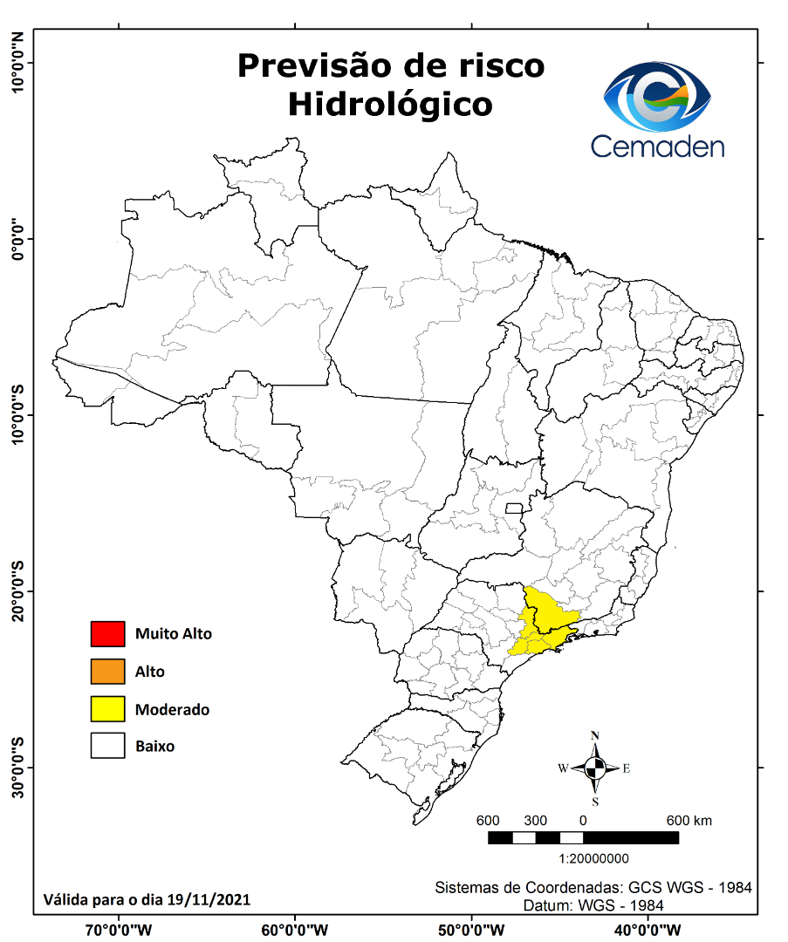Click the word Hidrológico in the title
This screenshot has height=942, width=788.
coord(390,104)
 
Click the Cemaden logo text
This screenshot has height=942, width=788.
coord(657,146)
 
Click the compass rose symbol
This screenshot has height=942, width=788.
coord(595,768)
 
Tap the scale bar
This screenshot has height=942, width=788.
coord(583,838)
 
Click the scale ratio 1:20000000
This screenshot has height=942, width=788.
coord(583,859)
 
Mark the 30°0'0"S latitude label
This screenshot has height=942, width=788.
coord(17,768)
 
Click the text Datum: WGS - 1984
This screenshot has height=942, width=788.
coord(593,905)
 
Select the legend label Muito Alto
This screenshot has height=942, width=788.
coord(173,634)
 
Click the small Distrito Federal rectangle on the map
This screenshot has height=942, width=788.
coord(514,508)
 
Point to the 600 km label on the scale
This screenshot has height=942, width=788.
coord(689,821)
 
